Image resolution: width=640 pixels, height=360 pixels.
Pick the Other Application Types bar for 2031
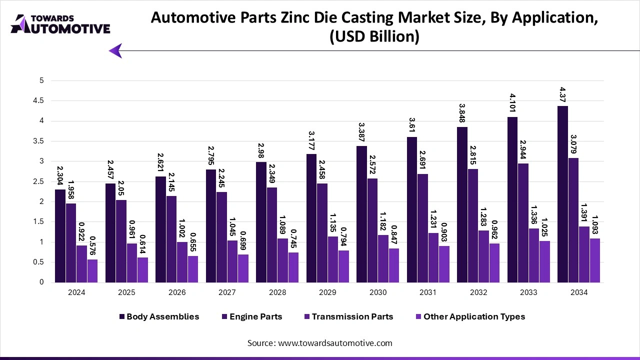[x=444, y=264]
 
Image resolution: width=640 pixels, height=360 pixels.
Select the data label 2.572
[x=372, y=163]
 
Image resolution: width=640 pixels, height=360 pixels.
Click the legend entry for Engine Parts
[x=255, y=316]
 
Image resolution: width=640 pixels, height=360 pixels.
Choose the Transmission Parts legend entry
[x=352, y=316]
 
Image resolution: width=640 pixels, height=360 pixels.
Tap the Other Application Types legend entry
[x=473, y=316]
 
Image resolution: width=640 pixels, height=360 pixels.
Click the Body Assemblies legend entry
[x=162, y=316]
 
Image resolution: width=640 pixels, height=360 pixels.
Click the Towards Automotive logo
[x=60, y=24]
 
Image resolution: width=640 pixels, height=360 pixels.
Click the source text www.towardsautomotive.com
[x=335, y=343]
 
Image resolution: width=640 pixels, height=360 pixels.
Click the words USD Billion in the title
[x=374, y=37]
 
